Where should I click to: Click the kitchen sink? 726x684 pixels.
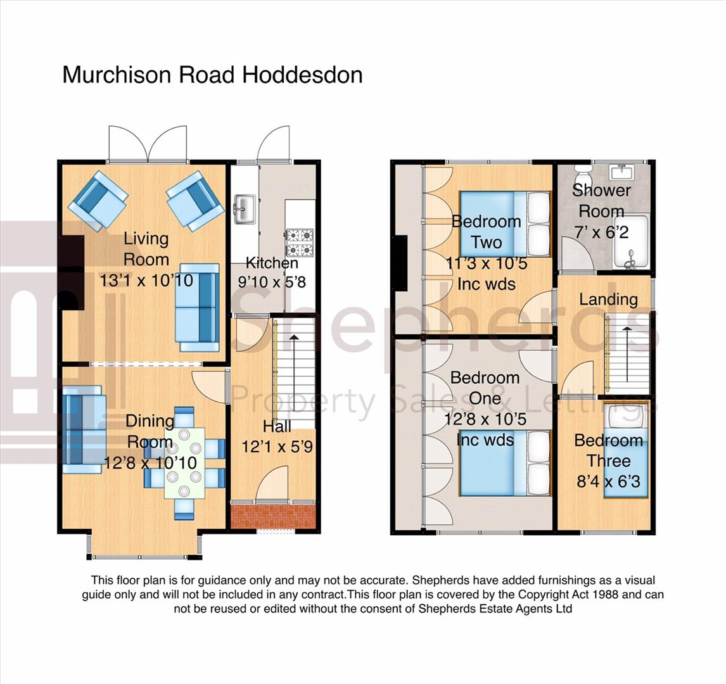tap(245, 209)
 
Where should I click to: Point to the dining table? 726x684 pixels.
tap(185, 463)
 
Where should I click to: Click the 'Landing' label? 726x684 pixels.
tap(608, 300)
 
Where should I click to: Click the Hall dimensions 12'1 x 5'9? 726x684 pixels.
tap(277, 446)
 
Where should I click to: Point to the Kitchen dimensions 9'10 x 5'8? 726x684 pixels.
tap(272, 282)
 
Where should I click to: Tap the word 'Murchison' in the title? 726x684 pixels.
tap(118, 75)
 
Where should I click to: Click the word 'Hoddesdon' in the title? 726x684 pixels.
tap(303, 75)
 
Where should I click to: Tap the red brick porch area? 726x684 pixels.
tap(273, 517)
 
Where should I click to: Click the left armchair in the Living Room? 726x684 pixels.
tap(98, 200)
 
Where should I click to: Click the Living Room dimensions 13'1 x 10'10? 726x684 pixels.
tap(146, 281)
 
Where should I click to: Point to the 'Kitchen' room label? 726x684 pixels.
tap(272, 263)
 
